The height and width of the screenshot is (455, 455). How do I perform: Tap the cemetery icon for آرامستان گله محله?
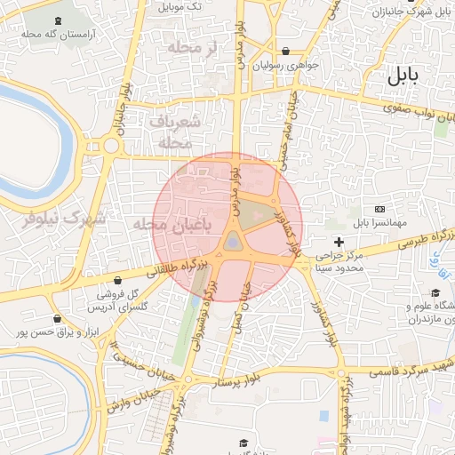(59, 21)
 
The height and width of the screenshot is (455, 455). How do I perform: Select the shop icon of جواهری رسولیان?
(285, 51)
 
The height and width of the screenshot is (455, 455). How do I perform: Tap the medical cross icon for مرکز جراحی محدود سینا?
(339, 242)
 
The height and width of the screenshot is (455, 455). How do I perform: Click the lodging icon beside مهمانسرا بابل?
(380, 208)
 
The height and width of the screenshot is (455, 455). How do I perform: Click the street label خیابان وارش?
(133, 397)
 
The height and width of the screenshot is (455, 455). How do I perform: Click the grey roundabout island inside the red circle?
(232, 241)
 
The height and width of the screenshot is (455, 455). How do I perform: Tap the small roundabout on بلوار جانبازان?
(111, 146)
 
